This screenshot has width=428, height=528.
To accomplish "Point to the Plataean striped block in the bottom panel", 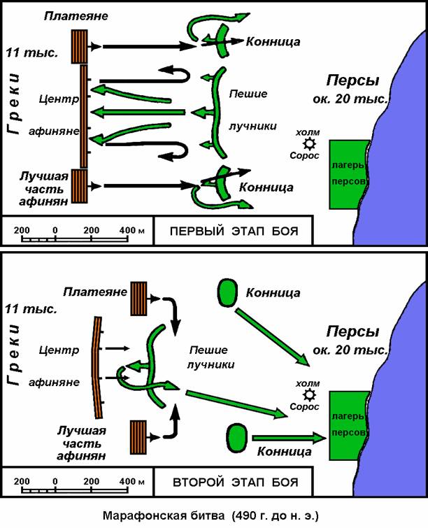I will tap(140, 297).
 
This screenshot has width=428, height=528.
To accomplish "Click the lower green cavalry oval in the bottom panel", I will tap(236, 437).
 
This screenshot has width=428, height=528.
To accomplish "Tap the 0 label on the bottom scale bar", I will tap(55, 482).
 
